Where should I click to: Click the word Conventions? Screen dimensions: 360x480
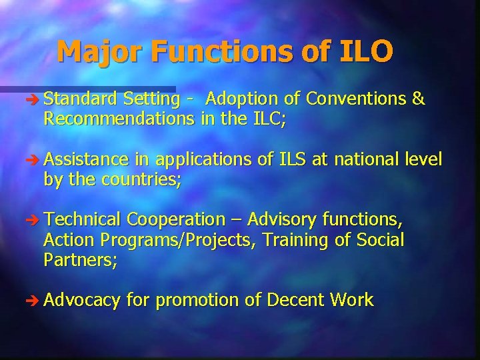pos(356,99)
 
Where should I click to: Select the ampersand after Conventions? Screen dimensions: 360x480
pos(419,99)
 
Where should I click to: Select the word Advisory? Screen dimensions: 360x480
pos(283,219)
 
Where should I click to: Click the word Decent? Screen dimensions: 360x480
pos(295,300)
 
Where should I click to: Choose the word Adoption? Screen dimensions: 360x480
pos(242,99)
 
